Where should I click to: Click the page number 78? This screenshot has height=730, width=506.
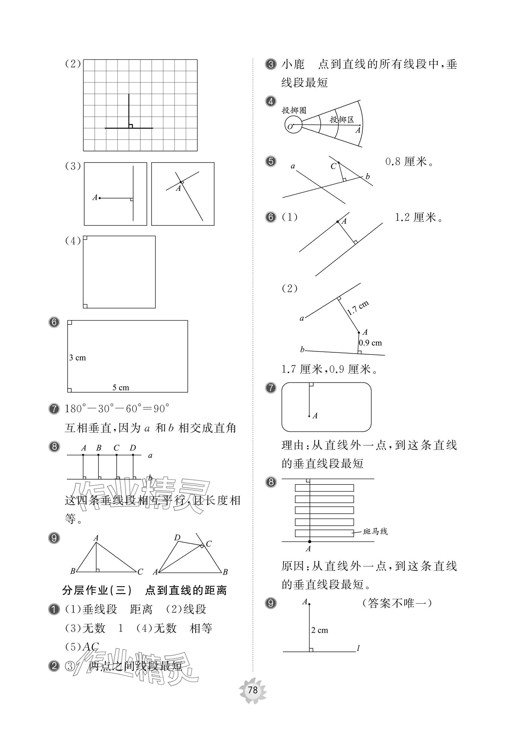pos(253,690)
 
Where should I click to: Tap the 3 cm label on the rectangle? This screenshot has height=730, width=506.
pos(78,358)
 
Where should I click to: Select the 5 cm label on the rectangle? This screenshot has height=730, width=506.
pos(121,388)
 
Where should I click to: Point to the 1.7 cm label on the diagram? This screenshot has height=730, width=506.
pos(358,308)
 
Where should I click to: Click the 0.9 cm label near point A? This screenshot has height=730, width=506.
pos(371,343)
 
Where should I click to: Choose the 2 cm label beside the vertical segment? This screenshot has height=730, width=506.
pos(320,630)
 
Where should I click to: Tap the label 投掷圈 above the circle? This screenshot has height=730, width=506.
pos(294,110)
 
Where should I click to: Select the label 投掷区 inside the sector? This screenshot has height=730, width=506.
pos(341,120)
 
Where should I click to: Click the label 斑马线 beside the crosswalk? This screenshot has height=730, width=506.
pos(375,531)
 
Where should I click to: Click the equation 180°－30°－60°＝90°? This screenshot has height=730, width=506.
pos(117,409)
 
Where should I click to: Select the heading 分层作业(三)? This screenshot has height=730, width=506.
pos(97,590)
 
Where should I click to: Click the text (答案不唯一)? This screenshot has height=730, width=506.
pos(397,603)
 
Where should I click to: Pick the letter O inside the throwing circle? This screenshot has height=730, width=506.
pos(290,127)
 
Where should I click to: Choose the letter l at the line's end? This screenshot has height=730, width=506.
pos(358,648)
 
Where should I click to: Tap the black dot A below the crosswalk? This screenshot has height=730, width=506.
pos(310,541)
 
